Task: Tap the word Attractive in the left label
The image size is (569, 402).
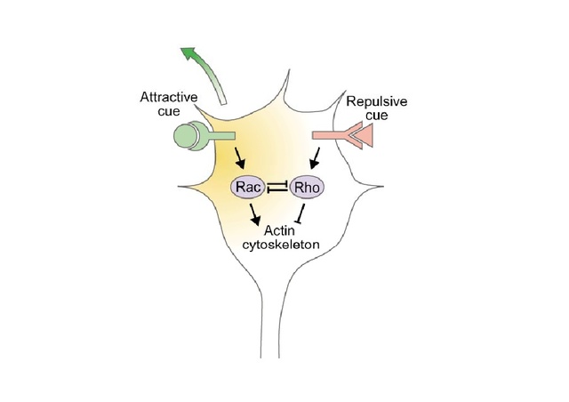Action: click(x=170, y=97)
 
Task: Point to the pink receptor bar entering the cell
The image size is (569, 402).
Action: click(x=330, y=135)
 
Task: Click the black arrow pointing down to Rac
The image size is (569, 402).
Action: click(x=239, y=160)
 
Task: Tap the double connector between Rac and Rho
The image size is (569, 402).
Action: click(x=277, y=187)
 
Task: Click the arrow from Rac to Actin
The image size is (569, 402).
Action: click(x=255, y=213)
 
